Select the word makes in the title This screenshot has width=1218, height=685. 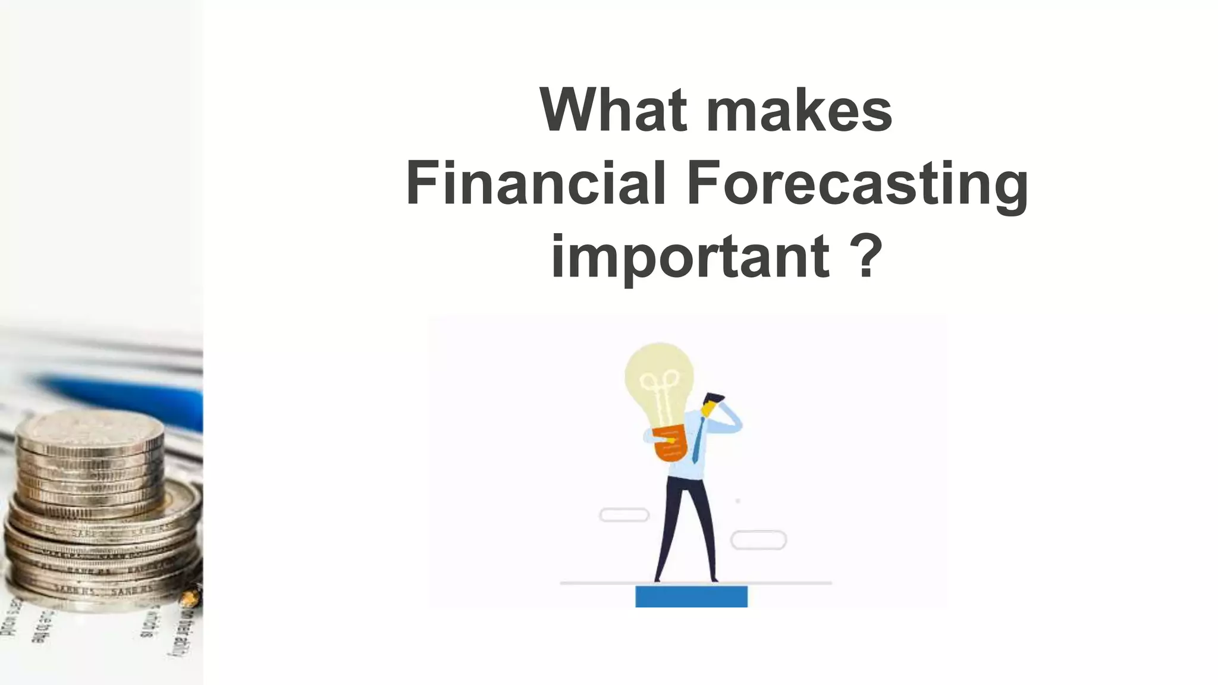(799, 111)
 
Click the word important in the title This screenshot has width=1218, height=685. (690, 257)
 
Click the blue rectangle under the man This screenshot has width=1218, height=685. (691, 596)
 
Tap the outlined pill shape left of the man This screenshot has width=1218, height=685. (624, 515)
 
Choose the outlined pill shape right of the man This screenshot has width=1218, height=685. (758, 540)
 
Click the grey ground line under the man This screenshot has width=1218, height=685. (785, 583)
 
